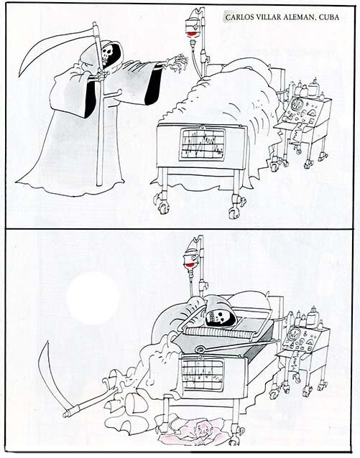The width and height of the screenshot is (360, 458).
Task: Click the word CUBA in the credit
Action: click(329, 17)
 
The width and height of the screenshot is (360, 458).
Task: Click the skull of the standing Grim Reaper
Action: click(106, 55)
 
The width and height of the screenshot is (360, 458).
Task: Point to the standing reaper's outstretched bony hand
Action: click(177, 62)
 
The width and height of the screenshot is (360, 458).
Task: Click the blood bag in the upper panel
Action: click(191, 29)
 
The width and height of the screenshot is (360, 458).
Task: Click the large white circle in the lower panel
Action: click(93, 298)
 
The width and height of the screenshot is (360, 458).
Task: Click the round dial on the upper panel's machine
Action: click(296, 105)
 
